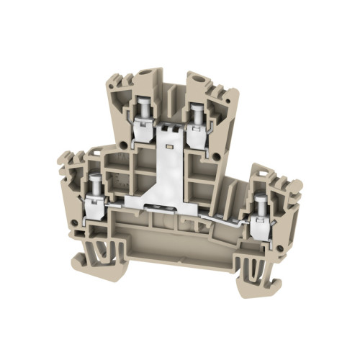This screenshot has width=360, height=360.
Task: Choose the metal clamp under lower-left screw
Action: (x=94, y=207)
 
